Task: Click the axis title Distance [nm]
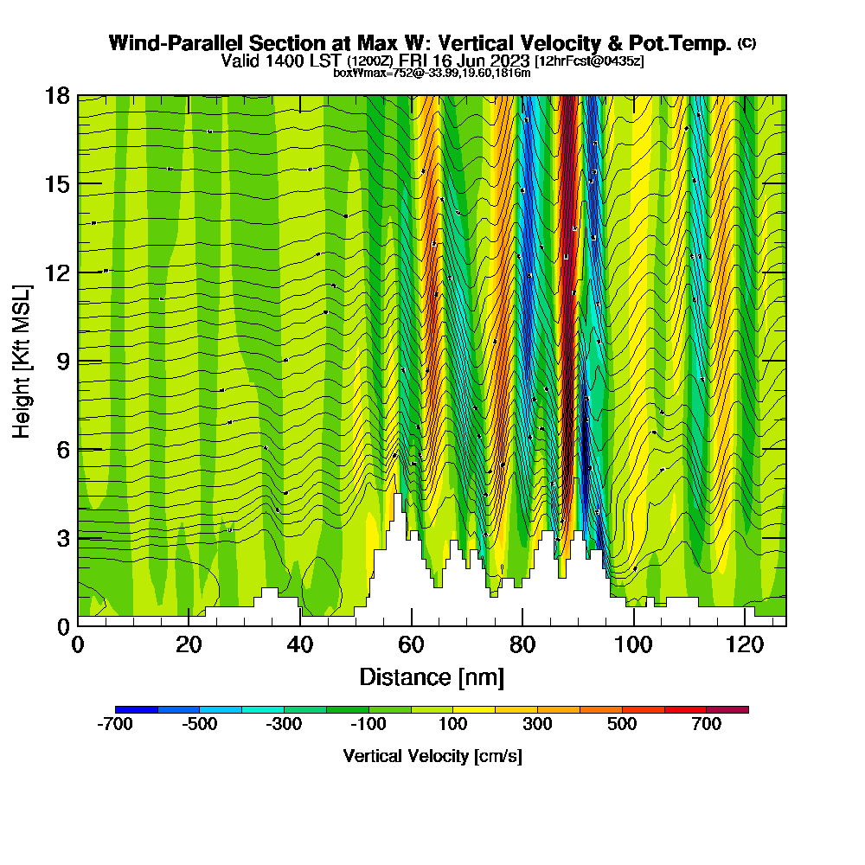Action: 432,676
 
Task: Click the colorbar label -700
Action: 115,725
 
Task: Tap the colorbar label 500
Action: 622,725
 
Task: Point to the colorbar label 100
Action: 453,725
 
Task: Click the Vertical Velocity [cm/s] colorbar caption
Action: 432,756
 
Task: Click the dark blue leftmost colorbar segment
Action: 136,709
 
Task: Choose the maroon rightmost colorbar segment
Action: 727,709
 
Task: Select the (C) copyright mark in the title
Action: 746,42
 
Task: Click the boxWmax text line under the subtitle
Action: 432,73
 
